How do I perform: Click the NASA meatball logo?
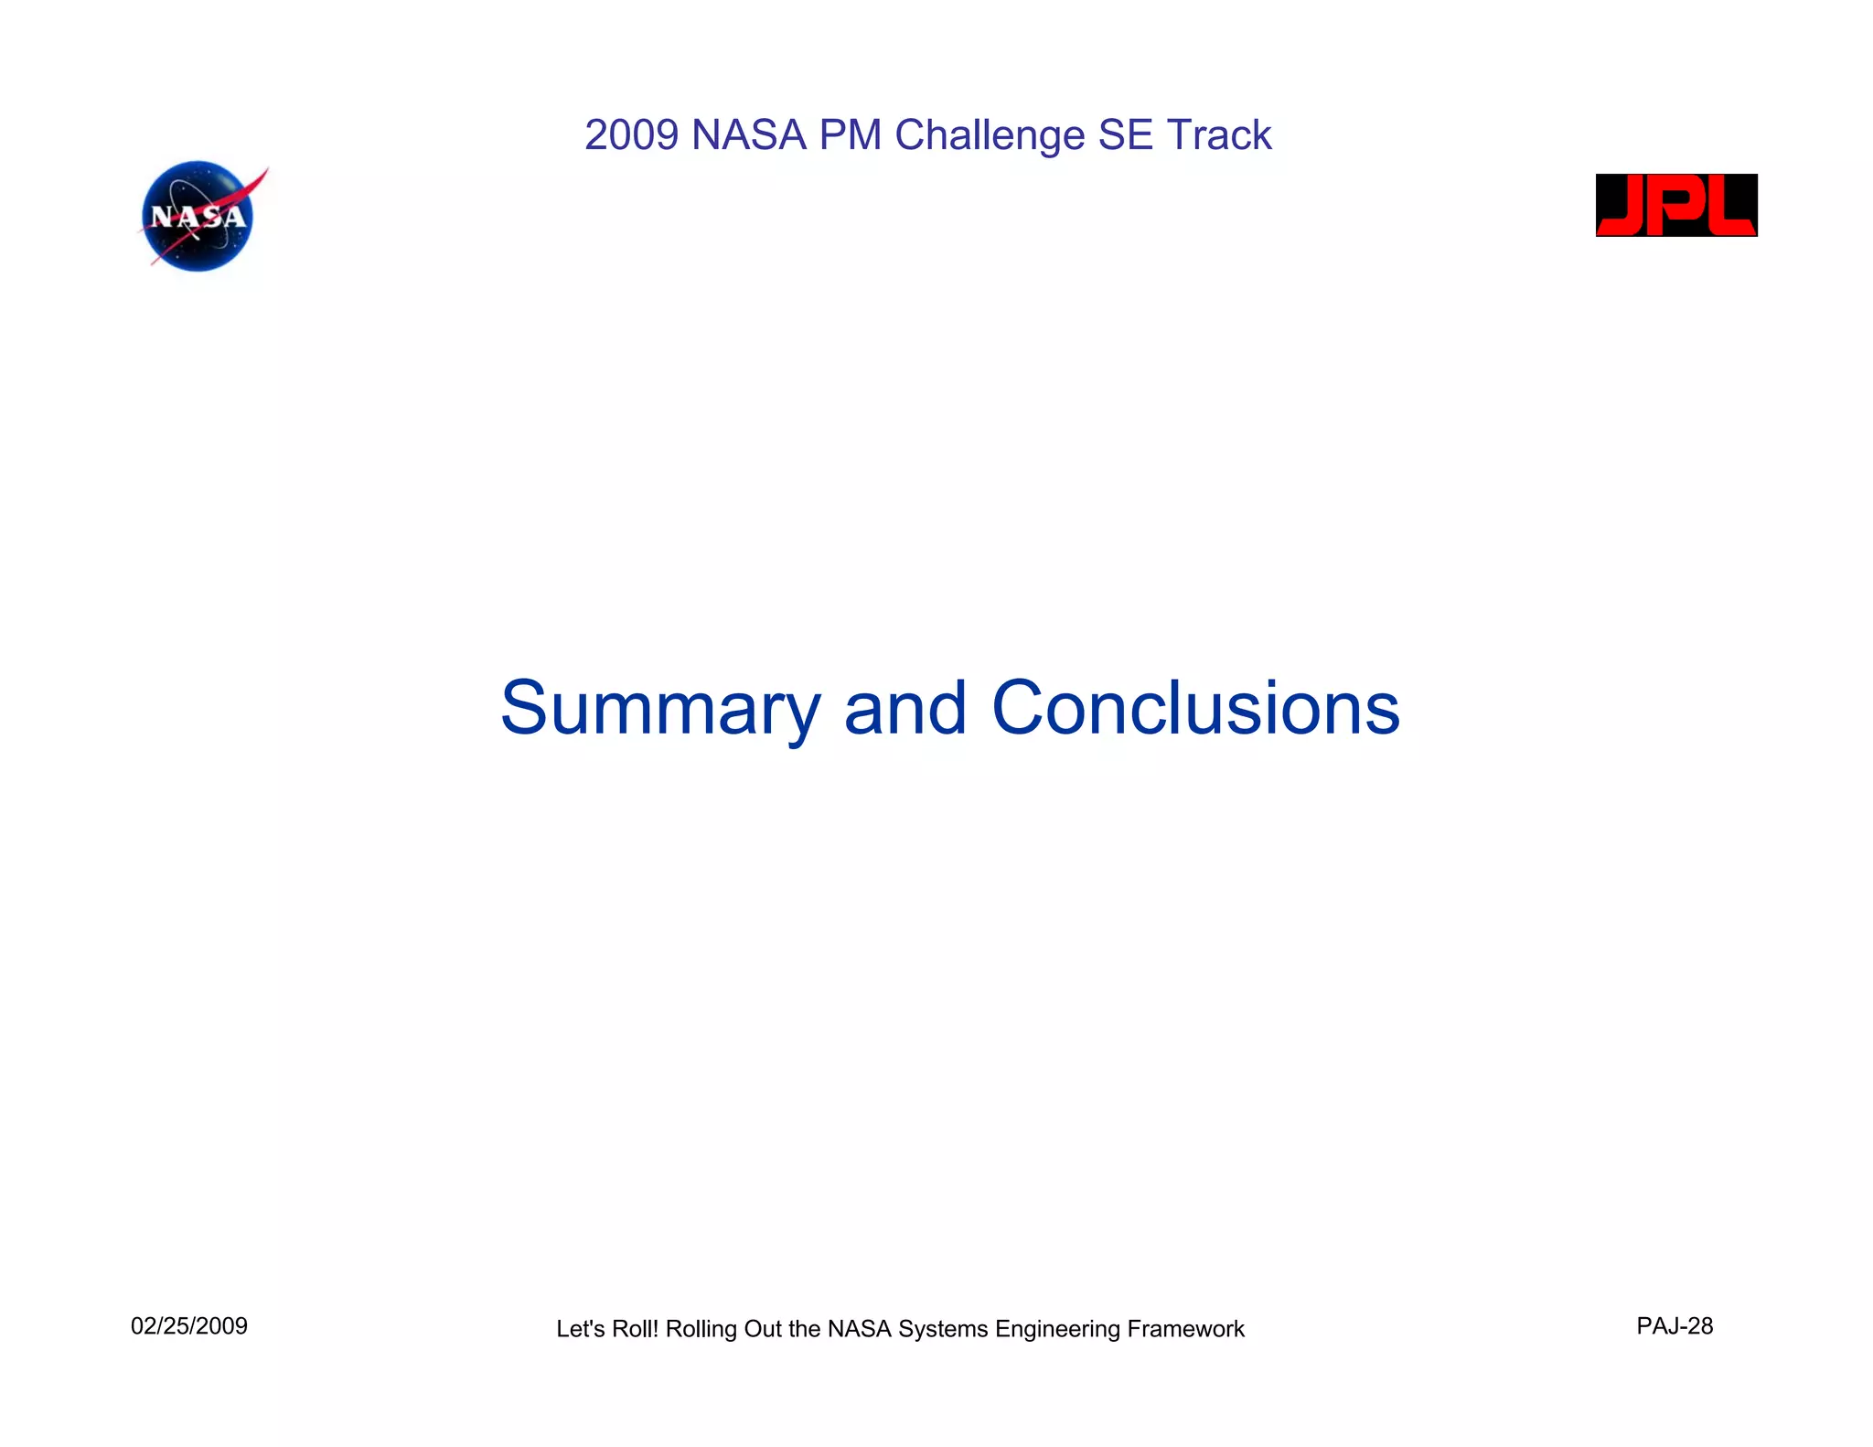tap(198, 217)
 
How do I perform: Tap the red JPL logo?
tap(1675, 205)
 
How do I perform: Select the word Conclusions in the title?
tap(1195, 709)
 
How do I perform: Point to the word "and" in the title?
tap(904, 709)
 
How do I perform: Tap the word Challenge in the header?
tap(990, 135)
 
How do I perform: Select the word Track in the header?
tap(1219, 135)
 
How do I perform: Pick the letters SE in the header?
tap(1125, 135)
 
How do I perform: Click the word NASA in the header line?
tap(749, 135)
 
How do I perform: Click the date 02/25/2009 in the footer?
tap(189, 1326)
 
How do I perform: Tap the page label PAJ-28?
tap(1675, 1326)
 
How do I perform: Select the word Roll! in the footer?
tap(636, 1329)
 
